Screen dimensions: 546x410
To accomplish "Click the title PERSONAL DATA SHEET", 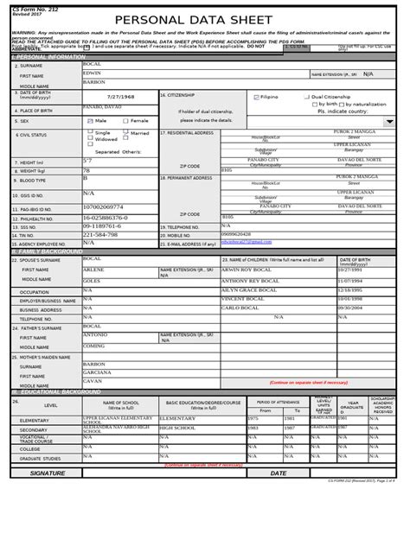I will coord(204,20).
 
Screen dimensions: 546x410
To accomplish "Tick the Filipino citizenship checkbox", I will coord(255,97).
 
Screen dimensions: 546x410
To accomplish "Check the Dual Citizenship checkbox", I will coord(308,97).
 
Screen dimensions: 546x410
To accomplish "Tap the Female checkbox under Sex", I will coord(126,121).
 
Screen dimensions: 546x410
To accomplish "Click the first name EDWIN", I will coord(92,73).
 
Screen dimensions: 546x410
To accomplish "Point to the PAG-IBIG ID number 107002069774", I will coord(105,207).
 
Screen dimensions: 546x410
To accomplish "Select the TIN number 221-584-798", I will coord(100,235).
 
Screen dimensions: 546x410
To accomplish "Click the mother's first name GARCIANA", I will coord(98,373).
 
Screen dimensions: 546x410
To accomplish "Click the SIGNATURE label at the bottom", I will coord(48,473).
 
